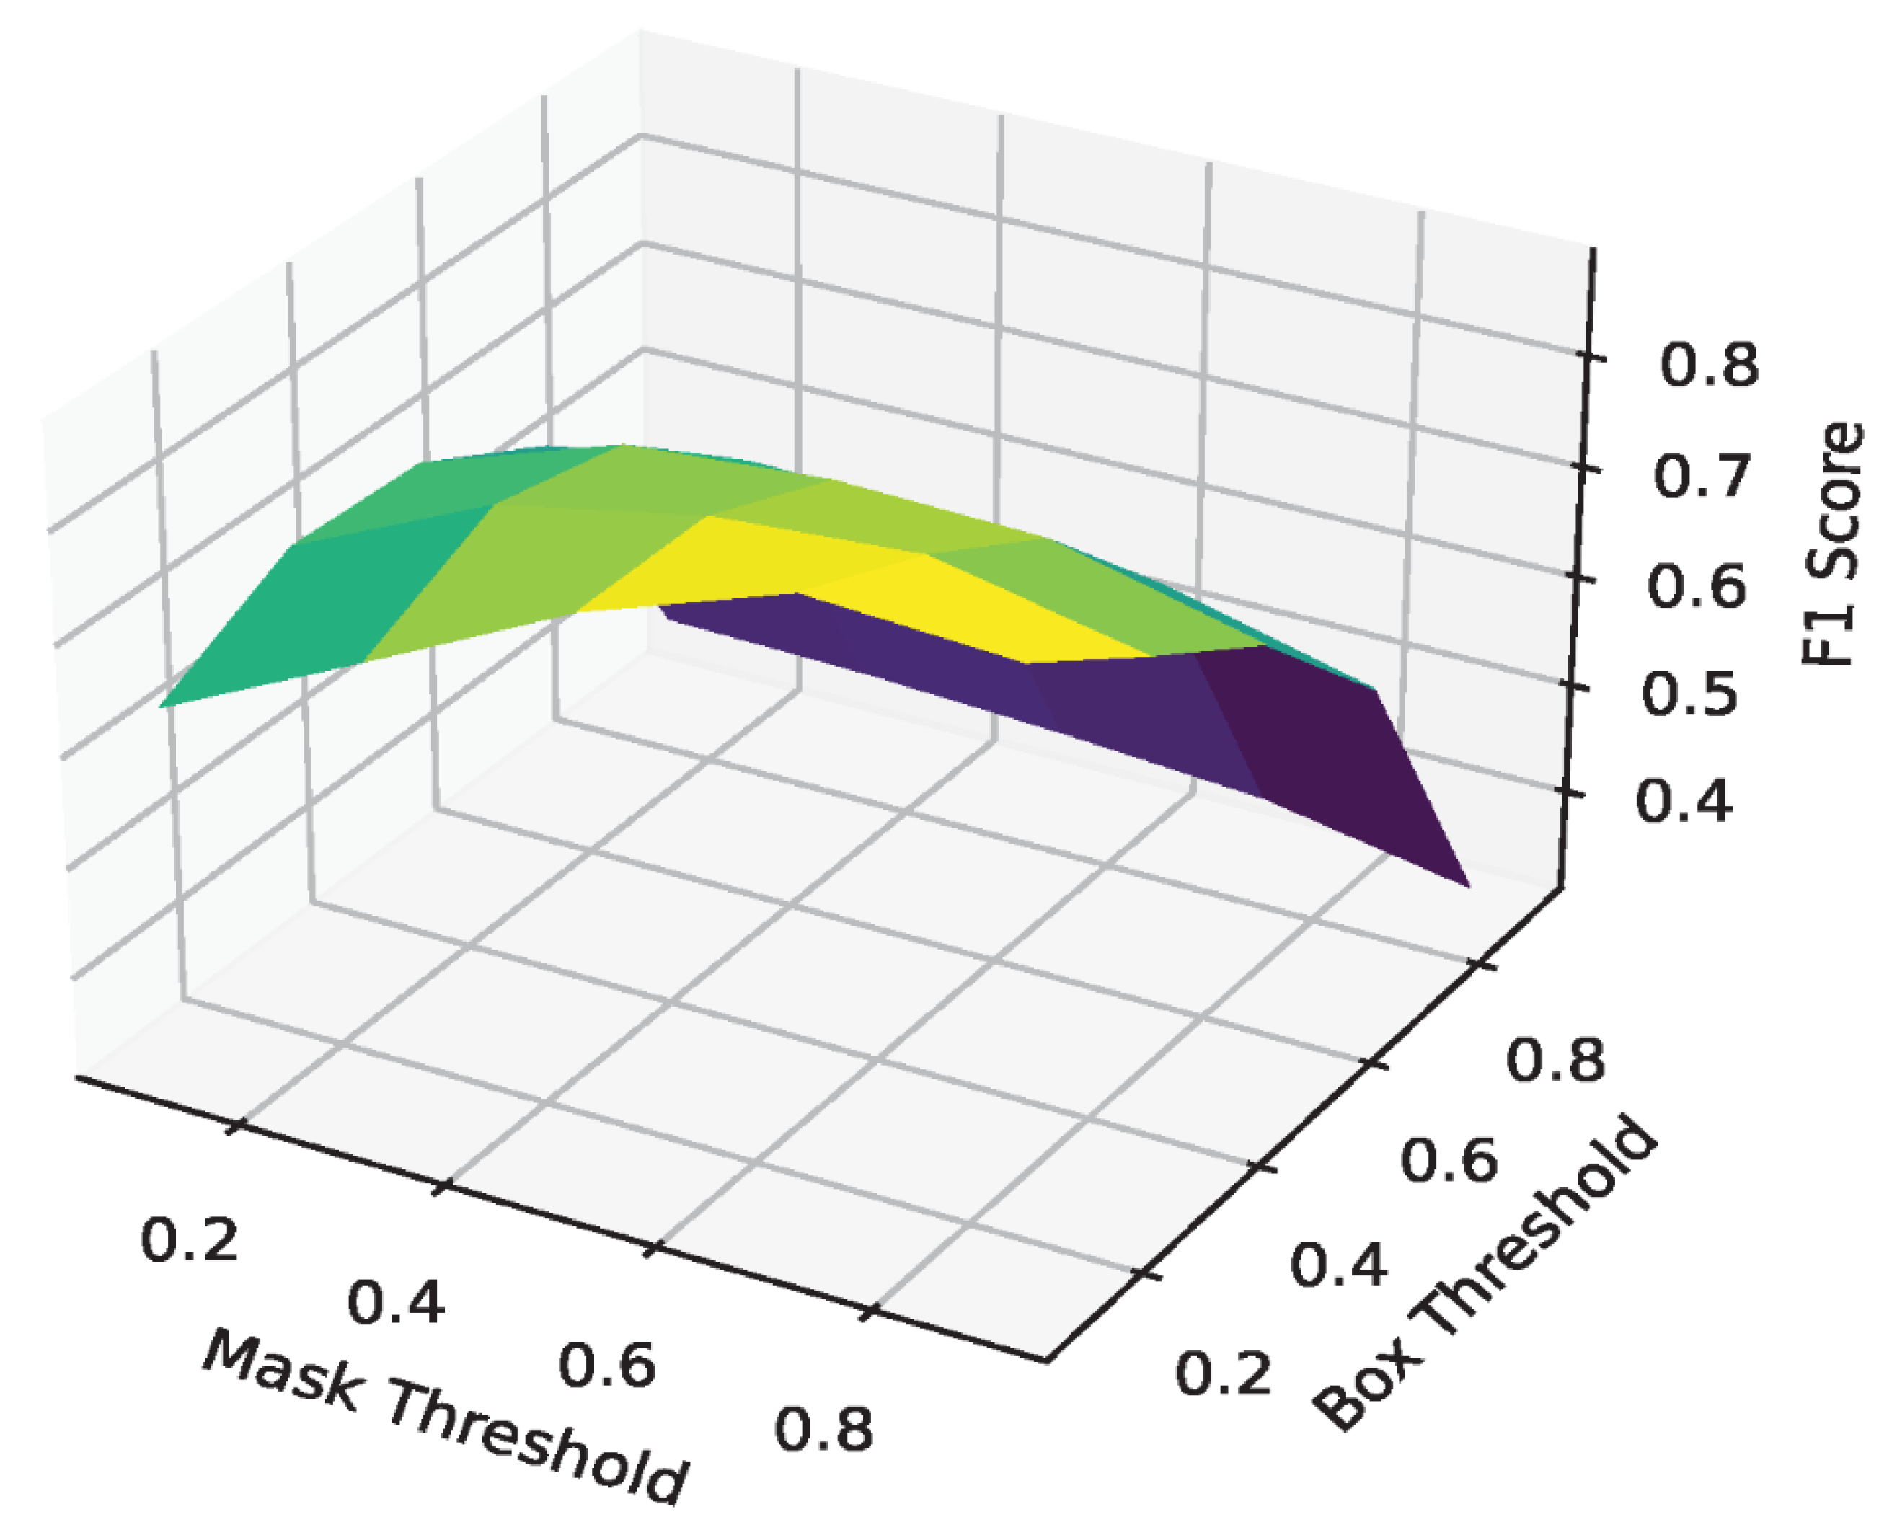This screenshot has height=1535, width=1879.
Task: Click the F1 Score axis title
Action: [x=1832, y=544]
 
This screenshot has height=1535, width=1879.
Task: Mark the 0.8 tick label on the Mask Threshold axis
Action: [x=824, y=1430]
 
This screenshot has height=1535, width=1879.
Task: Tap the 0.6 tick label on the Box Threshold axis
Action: [x=1450, y=1161]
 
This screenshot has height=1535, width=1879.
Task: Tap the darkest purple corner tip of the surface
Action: [x=1464, y=882]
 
